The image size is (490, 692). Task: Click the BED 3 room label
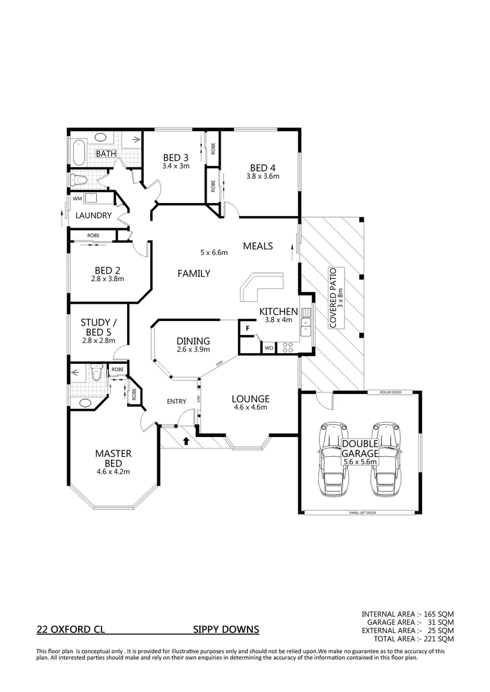click(175, 158)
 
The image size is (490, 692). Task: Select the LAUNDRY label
click(93, 216)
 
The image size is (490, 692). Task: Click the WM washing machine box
click(77, 199)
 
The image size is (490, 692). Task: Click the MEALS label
click(258, 246)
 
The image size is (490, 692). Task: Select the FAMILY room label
click(194, 274)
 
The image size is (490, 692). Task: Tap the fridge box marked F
click(246, 328)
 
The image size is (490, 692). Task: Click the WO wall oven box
click(267, 348)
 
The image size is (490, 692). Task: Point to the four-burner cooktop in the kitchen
click(288, 348)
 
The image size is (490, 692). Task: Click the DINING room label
click(192, 341)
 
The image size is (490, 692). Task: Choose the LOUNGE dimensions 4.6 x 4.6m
click(249, 407)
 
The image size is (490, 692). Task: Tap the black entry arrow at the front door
click(187, 440)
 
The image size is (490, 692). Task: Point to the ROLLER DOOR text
click(380, 391)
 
